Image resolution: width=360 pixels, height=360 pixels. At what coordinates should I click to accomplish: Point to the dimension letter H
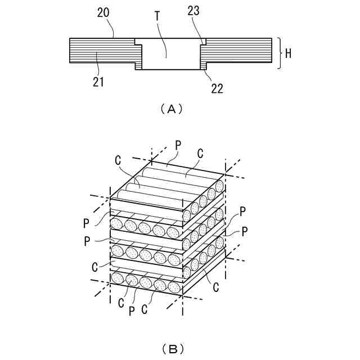point(287,53)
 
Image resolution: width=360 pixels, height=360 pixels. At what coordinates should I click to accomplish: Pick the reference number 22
point(217,88)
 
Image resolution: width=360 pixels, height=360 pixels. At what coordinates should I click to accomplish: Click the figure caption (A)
point(172,109)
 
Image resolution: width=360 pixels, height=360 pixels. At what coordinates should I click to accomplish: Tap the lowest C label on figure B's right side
point(215,288)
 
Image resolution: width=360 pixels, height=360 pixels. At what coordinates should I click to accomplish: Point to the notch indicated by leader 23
point(203,42)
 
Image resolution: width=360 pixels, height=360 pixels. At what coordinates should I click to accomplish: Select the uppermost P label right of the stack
point(242,211)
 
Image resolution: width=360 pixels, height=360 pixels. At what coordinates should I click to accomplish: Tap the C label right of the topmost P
point(200,152)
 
